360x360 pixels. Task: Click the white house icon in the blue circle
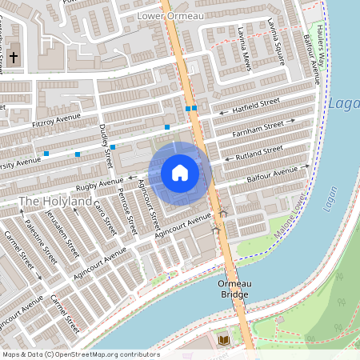coord(179,173)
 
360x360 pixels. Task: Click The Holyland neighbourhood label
coord(55,202)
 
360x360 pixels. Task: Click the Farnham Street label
coord(258,126)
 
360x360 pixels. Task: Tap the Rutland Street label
coord(257,150)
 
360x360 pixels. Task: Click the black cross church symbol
coord(14,58)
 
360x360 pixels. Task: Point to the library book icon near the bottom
coord(225,341)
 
